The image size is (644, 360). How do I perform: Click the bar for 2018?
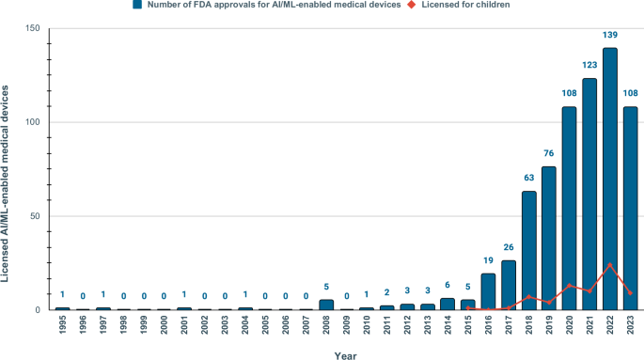[529, 250]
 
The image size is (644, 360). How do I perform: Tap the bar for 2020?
[570, 208]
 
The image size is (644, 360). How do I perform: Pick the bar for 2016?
[488, 291]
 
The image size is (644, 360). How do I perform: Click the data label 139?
[610, 35]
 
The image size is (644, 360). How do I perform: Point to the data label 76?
[549, 153]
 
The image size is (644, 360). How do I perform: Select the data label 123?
[589, 65]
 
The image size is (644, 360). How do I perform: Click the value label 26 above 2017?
[509, 247]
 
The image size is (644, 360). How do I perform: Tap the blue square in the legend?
[136, 6]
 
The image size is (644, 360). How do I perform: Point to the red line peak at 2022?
[610, 264]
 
